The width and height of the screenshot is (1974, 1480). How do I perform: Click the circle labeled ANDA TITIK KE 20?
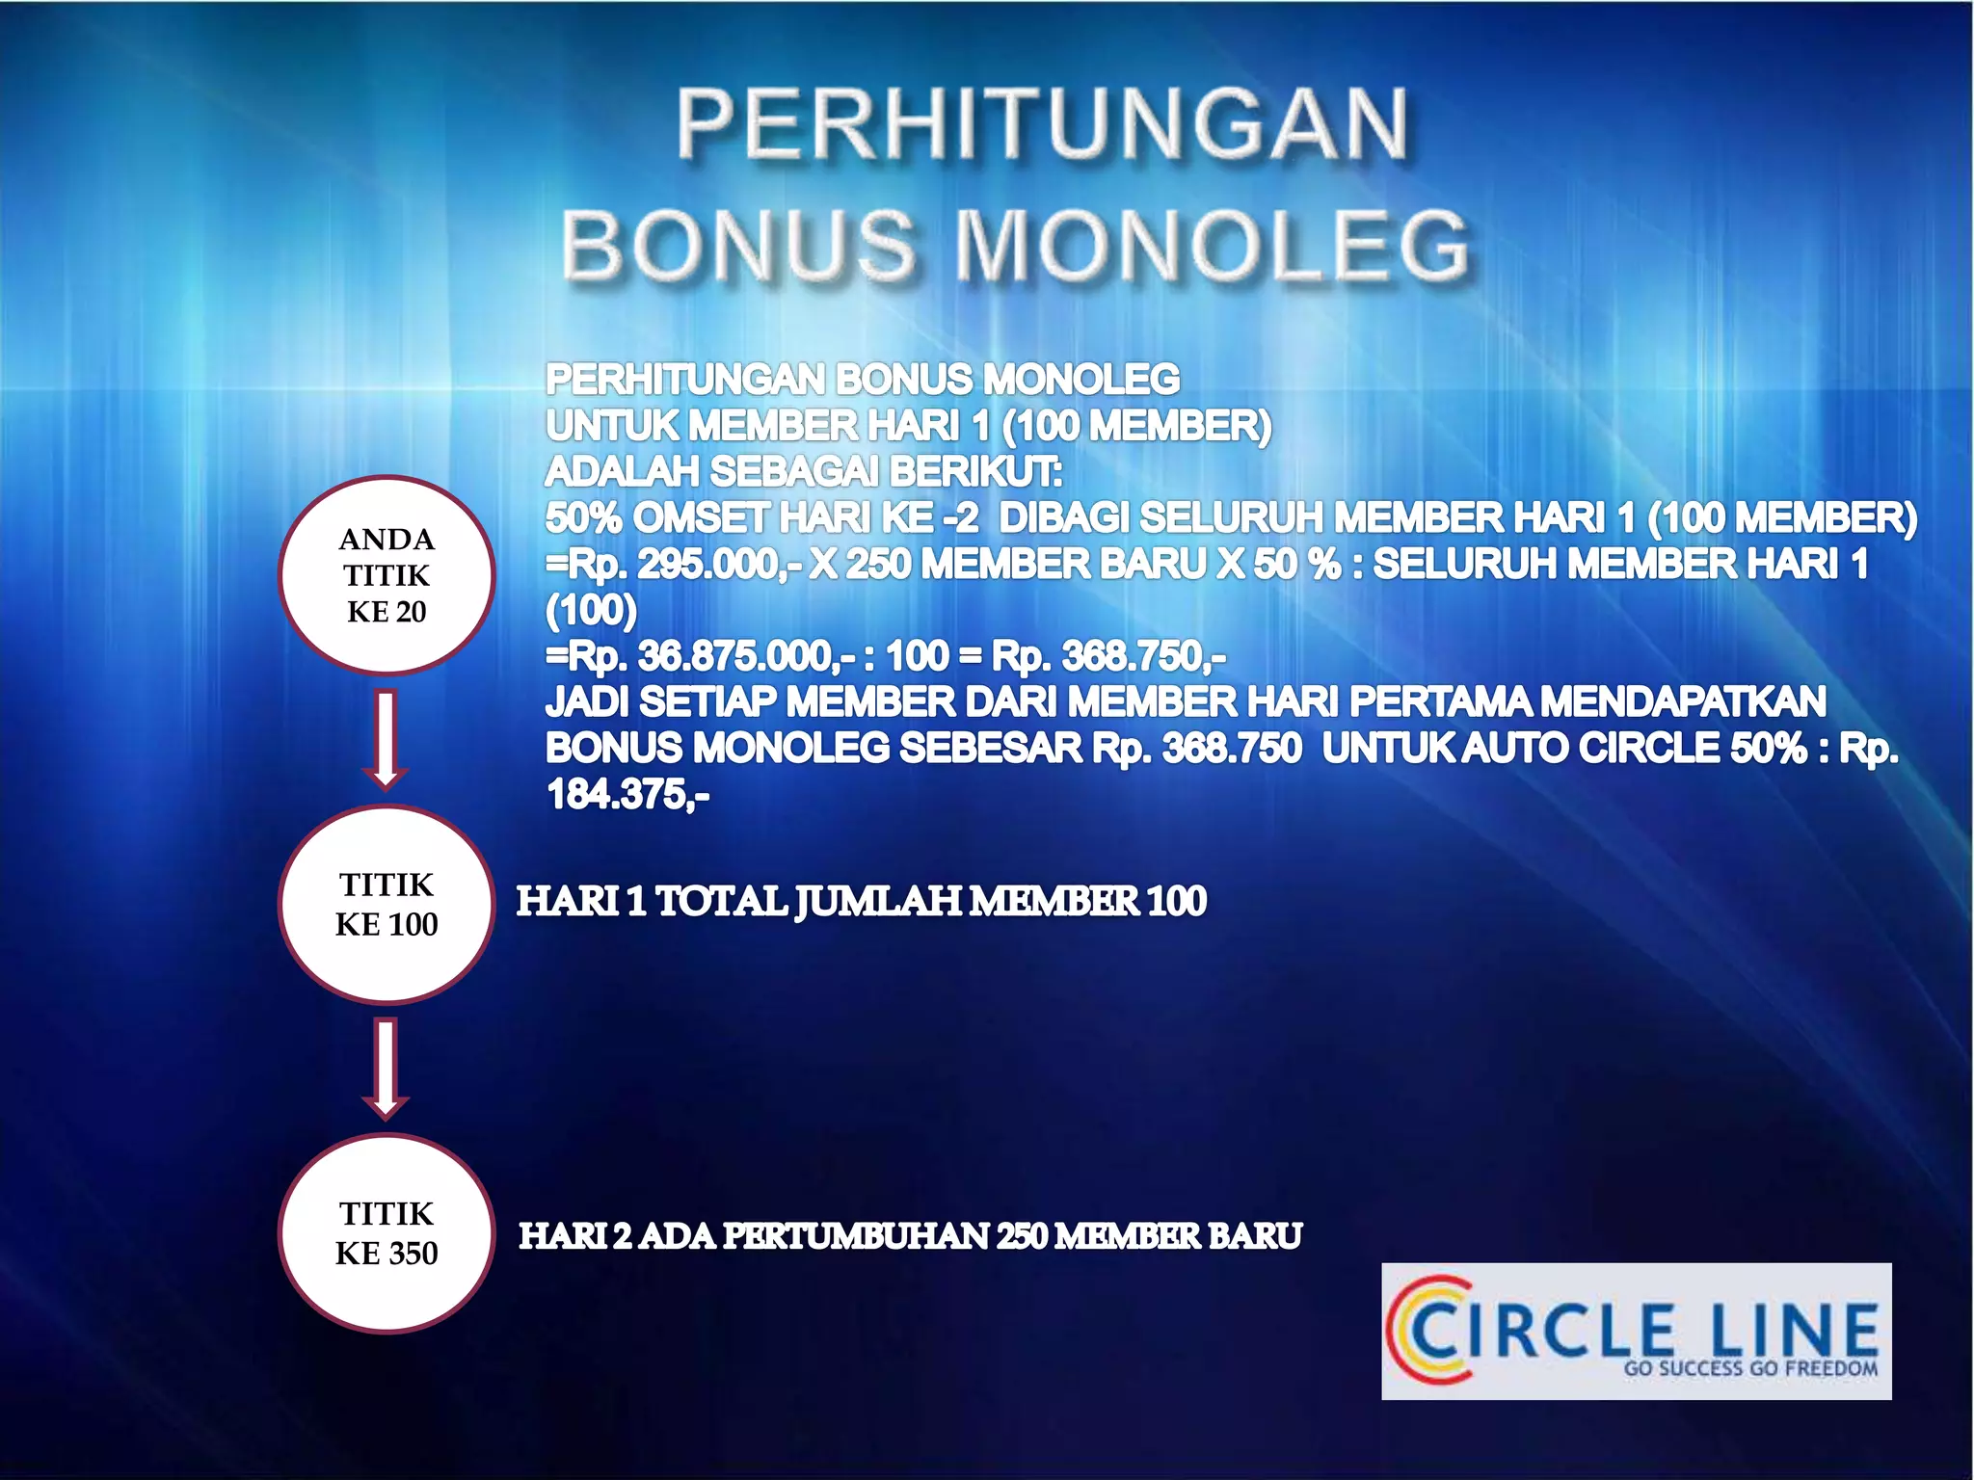click(x=387, y=575)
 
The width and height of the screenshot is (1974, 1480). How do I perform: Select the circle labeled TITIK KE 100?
click(x=387, y=904)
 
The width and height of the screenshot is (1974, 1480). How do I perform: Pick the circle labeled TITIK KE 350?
click(x=387, y=1233)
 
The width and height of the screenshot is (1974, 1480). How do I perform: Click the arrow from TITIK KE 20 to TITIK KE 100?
click(x=386, y=739)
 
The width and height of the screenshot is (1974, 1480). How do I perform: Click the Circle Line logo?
click(x=1636, y=1331)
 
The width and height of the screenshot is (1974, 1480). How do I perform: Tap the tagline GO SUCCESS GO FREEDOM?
click(x=1750, y=1368)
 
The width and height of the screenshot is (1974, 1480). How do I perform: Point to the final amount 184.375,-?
click(x=628, y=795)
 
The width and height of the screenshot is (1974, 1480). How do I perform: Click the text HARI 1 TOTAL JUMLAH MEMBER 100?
click(x=861, y=901)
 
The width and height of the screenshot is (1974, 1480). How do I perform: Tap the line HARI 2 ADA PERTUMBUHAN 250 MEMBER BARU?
click(x=910, y=1235)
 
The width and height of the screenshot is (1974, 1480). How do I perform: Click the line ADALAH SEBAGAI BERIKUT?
click(x=804, y=472)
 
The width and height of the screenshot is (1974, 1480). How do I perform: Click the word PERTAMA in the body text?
click(x=1438, y=701)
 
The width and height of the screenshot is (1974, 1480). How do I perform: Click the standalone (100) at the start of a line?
click(x=591, y=610)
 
